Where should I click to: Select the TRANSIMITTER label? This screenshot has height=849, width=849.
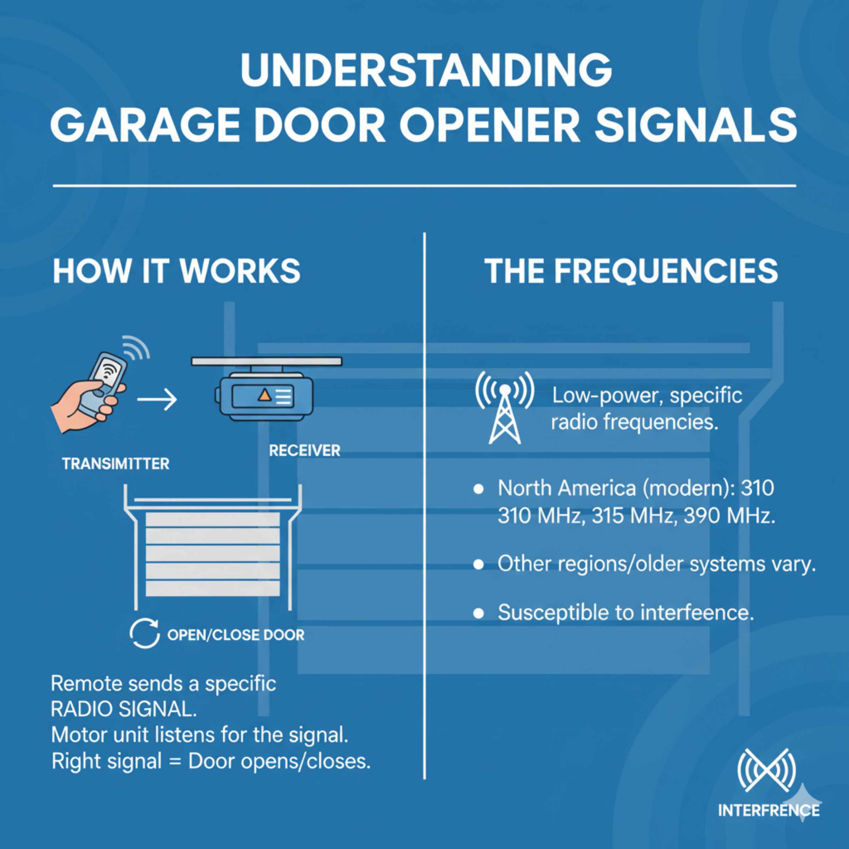[x=116, y=464]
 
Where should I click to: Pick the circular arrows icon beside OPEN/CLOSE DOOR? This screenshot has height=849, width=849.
[x=145, y=634]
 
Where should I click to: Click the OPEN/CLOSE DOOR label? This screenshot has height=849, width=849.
[x=236, y=635]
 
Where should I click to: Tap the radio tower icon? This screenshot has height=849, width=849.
[x=505, y=407]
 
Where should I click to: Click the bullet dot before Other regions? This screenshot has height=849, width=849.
[x=479, y=565]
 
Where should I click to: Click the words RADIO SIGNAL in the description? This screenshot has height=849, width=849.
[x=124, y=709]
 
